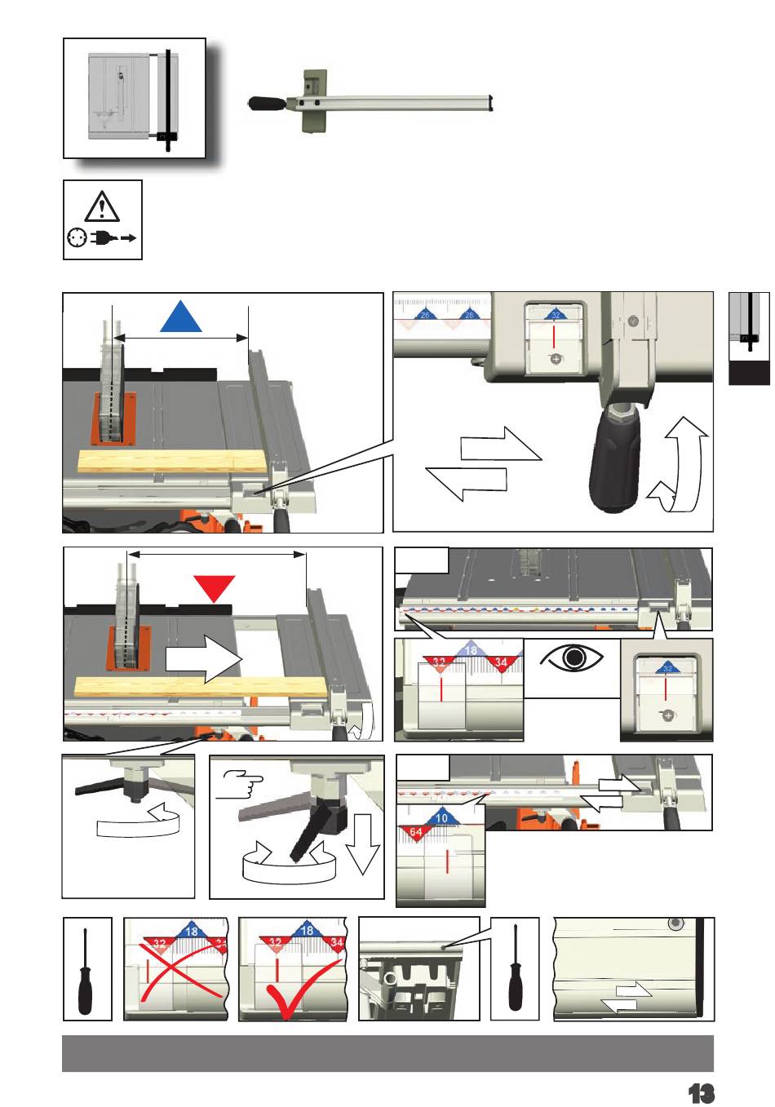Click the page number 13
(701, 1092)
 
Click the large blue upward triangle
(181, 316)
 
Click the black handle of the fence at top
(268, 104)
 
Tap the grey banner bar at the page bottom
(387, 1053)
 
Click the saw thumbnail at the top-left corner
(134, 98)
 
